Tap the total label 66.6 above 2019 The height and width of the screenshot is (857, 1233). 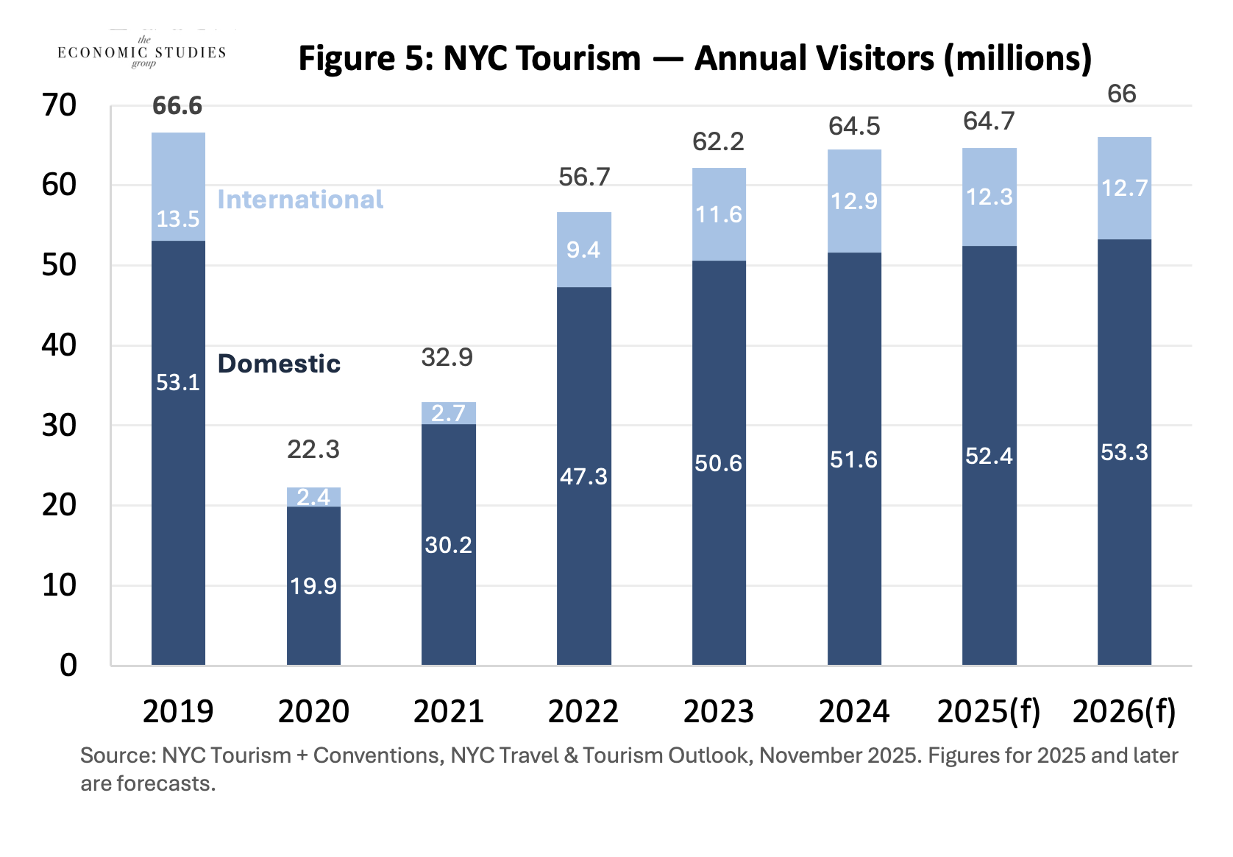pyautogui.click(x=177, y=106)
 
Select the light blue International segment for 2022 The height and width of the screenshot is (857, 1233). pyautogui.click(x=583, y=250)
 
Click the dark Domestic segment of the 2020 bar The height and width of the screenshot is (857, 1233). pyautogui.click(x=313, y=585)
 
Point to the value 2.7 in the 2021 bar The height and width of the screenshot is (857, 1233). pyautogui.click(x=448, y=413)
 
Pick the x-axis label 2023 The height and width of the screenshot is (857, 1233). pyautogui.click(x=718, y=711)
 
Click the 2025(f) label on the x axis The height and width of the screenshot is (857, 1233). pyautogui.click(x=989, y=711)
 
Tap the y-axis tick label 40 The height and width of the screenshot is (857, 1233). pyautogui.click(x=59, y=345)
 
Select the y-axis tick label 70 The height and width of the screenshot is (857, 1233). pyautogui.click(x=59, y=105)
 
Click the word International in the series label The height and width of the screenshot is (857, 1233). pyautogui.click(x=300, y=200)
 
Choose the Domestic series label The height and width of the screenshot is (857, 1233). pyautogui.click(x=279, y=364)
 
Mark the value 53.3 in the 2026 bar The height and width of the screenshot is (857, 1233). pyautogui.click(x=1124, y=452)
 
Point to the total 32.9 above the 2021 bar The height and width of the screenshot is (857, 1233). pyautogui.click(x=447, y=357)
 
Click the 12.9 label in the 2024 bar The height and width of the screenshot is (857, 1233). pyautogui.click(x=853, y=201)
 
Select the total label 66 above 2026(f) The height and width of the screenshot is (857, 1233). pyautogui.click(x=1122, y=94)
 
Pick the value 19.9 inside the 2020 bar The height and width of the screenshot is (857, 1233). pyautogui.click(x=313, y=586)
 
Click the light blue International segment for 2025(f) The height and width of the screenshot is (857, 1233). pyautogui.click(x=989, y=197)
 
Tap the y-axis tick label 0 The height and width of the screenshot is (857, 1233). pyautogui.click(x=68, y=666)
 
